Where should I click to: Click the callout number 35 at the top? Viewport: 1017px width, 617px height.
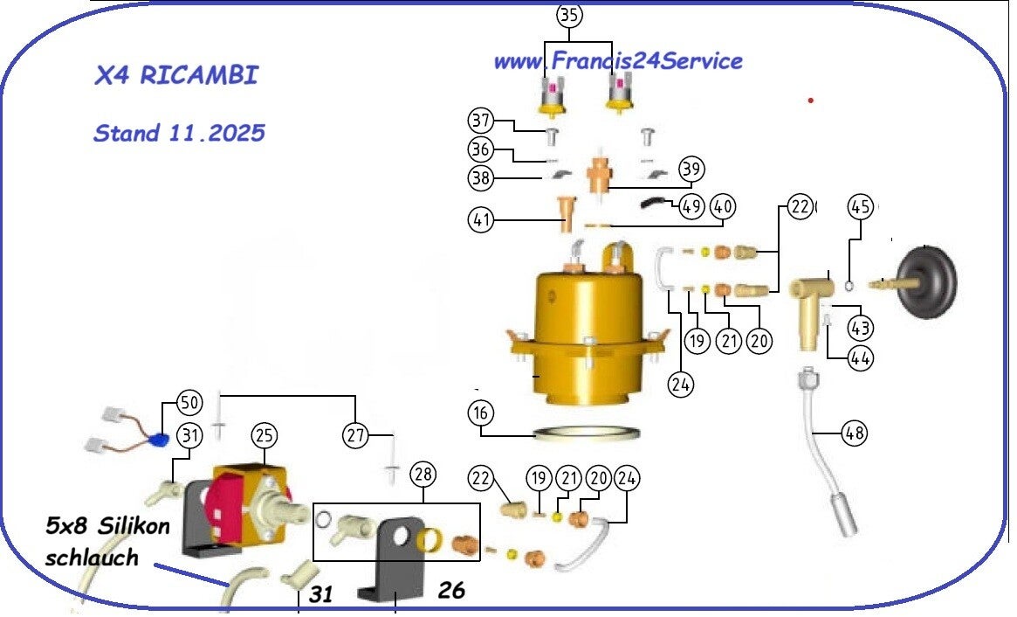(569, 15)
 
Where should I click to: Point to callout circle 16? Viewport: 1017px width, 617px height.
(481, 412)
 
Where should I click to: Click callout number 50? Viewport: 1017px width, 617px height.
(189, 403)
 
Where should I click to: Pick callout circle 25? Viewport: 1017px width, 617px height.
(265, 434)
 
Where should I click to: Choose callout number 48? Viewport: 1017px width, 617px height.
(856, 431)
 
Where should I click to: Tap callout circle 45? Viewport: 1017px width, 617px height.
(861, 207)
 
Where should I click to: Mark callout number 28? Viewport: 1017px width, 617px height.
(423, 475)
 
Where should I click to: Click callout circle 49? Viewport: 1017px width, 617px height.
(691, 207)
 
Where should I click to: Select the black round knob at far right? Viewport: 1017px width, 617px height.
(930, 281)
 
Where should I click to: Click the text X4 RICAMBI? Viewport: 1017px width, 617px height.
(176, 75)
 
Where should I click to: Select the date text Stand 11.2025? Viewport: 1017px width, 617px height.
(179, 134)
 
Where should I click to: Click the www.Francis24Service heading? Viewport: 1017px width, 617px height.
(618, 61)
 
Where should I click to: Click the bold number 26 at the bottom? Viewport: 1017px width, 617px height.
(451, 591)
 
